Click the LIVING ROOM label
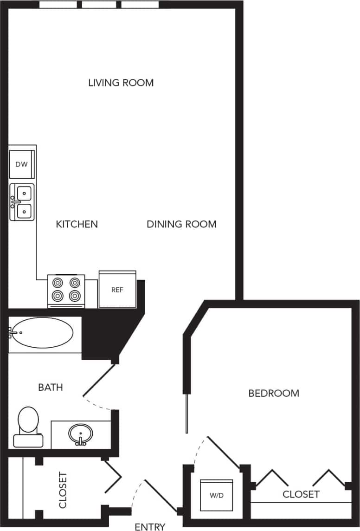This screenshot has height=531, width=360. (121, 83)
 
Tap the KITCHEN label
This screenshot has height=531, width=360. (77, 224)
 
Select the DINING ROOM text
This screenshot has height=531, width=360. (181, 224)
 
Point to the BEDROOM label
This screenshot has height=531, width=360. (274, 393)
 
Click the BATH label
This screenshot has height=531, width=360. (51, 387)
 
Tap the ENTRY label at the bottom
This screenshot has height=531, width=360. (150, 526)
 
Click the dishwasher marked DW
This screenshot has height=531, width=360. (21, 164)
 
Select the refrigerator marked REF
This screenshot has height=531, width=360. (117, 290)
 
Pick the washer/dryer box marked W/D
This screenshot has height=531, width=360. (216, 495)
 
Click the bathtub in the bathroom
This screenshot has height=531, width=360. (42, 333)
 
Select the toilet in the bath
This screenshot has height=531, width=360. (28, 426)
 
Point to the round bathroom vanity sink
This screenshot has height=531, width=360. (81, 434)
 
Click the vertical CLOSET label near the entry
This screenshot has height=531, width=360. (63, 490)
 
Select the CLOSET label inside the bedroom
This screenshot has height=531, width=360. (301, 494)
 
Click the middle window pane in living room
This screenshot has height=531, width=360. (99, 5)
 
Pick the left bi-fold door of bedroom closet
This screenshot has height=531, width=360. (271, 478)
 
